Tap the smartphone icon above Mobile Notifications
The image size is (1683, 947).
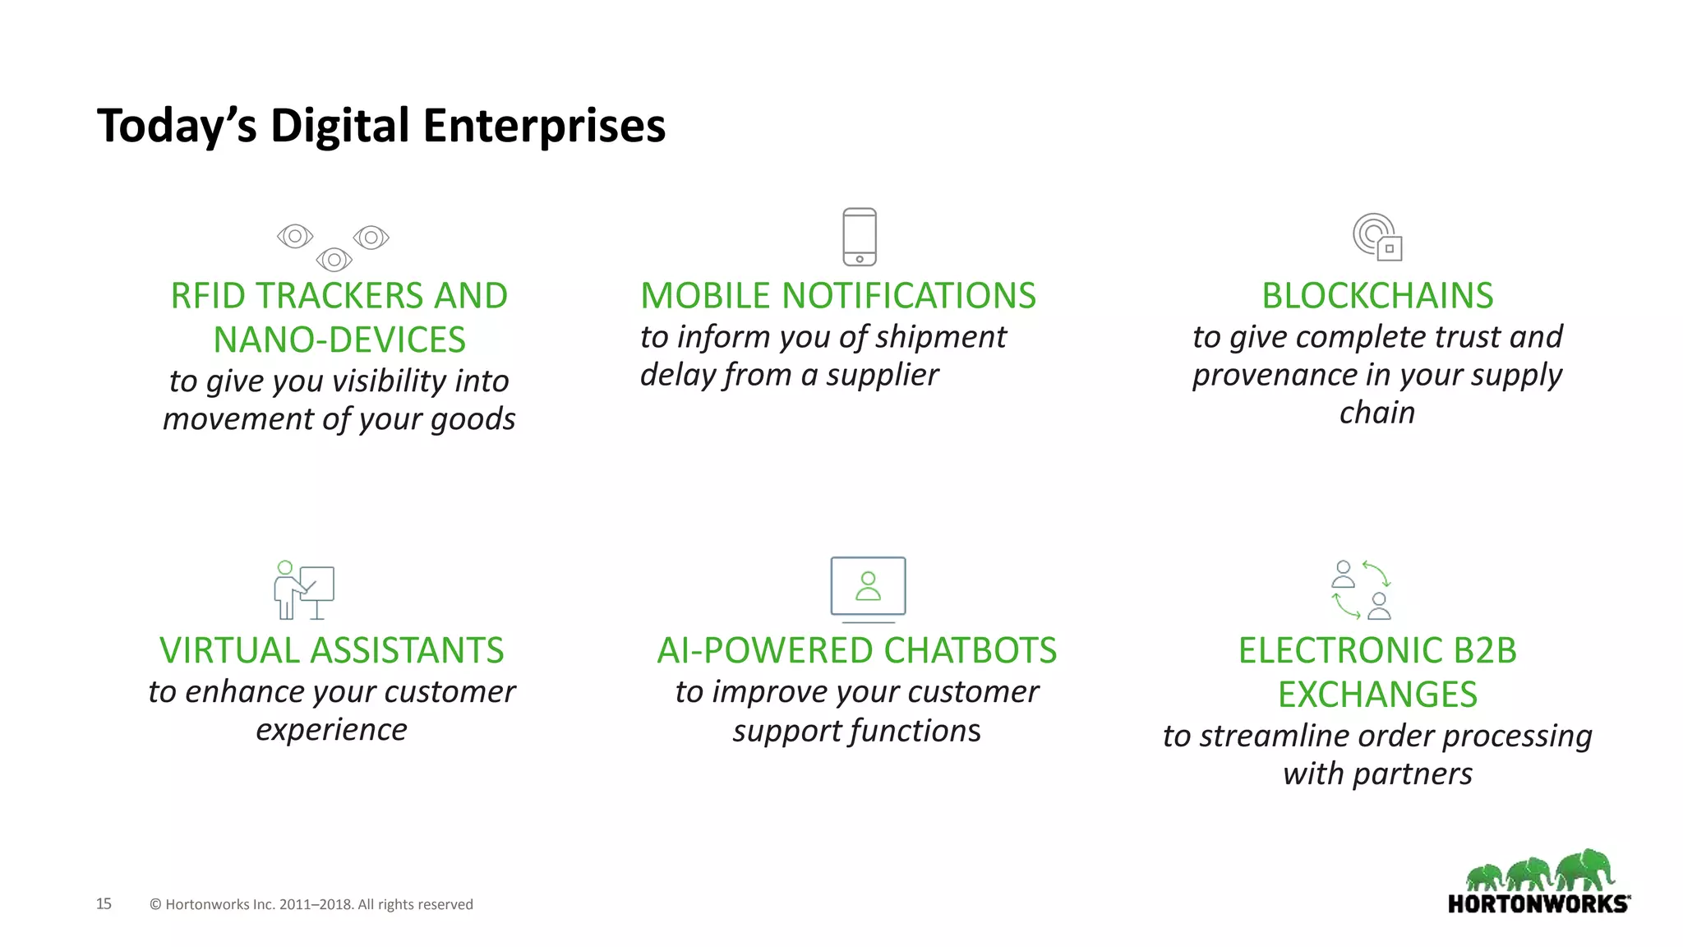tap(860, 237)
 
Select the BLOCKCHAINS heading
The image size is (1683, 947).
tap(1377, 296)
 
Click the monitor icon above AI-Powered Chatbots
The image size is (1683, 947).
tap(868, 587)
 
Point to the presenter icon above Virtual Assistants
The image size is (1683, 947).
tap(303, 590)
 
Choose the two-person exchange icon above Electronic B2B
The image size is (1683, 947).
tap(1361, 589)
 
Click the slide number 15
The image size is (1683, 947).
tap(104, 903)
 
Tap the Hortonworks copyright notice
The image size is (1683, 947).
tap(311, 904)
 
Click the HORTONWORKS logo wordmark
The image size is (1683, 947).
tap(1538, 904)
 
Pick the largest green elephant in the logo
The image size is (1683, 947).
tap(1585, 870)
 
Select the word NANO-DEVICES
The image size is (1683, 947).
tap(339, 340)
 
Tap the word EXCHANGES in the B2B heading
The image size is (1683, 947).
tap(1377, 695)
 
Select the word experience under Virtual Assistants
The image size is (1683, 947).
tap(331, 730)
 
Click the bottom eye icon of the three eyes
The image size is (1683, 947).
tap(334, 260)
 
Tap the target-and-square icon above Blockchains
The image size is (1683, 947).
tap(1377, 237)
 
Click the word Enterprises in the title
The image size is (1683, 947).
tap(543, 126)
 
